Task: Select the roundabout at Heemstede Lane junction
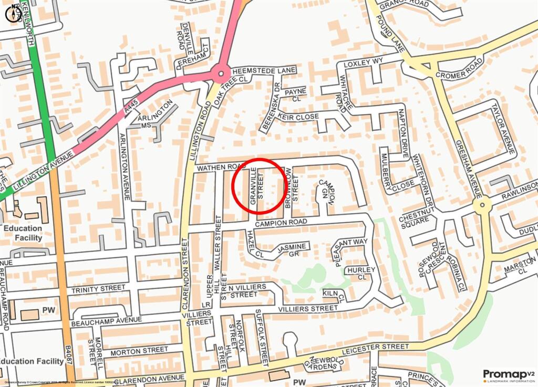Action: coord(221,74)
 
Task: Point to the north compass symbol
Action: coord(13,13)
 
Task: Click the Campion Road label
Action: coord(281,223)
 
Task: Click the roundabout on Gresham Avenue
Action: coord(481,205)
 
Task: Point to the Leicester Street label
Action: coord(374,348)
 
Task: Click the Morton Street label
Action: coord(139,350)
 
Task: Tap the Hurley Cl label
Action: coord(360,274)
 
